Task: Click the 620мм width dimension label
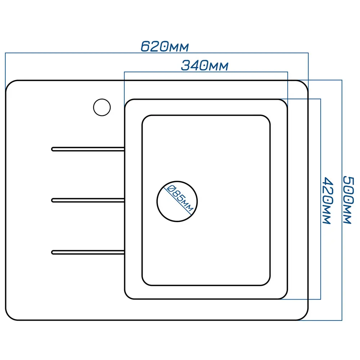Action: coord(164,47)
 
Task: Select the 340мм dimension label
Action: coord(204,66)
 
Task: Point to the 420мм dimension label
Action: coord(326,200)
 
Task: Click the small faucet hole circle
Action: coord(102,107)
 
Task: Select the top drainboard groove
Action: coord(88,149)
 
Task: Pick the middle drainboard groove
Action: coord(88,200)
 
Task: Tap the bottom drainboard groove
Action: coord(88,252)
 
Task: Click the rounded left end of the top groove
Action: coord(53,149)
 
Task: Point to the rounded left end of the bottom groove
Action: coord(53,252)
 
